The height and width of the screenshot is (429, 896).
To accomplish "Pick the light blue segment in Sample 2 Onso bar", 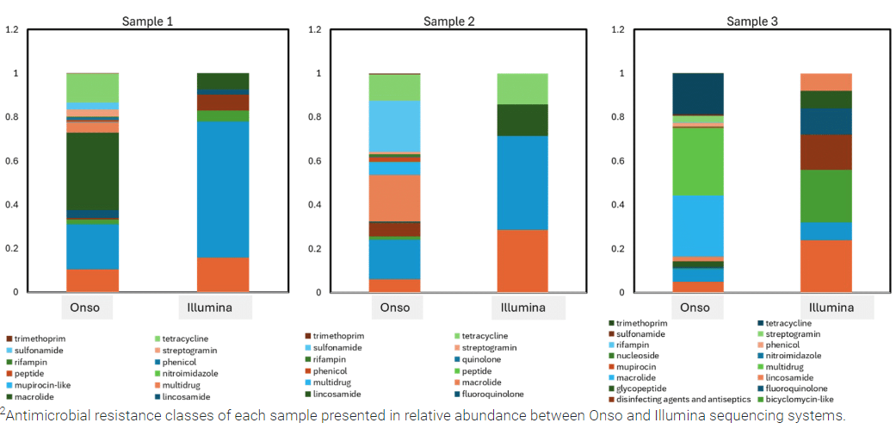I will click(395, 127).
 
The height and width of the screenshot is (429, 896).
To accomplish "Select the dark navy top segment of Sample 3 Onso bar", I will click(697, 94).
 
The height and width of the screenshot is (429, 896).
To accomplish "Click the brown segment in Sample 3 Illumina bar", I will click(826, 152).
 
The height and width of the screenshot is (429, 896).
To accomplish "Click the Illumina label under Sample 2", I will click(522, 308).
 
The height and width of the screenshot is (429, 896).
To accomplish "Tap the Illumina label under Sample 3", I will click(826, 308).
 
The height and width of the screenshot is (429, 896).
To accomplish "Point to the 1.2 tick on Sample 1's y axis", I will click(12, 29).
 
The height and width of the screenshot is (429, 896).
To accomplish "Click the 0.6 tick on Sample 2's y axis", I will click(314, 161).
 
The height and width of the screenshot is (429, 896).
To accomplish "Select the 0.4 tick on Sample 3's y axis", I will click(617, 205).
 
